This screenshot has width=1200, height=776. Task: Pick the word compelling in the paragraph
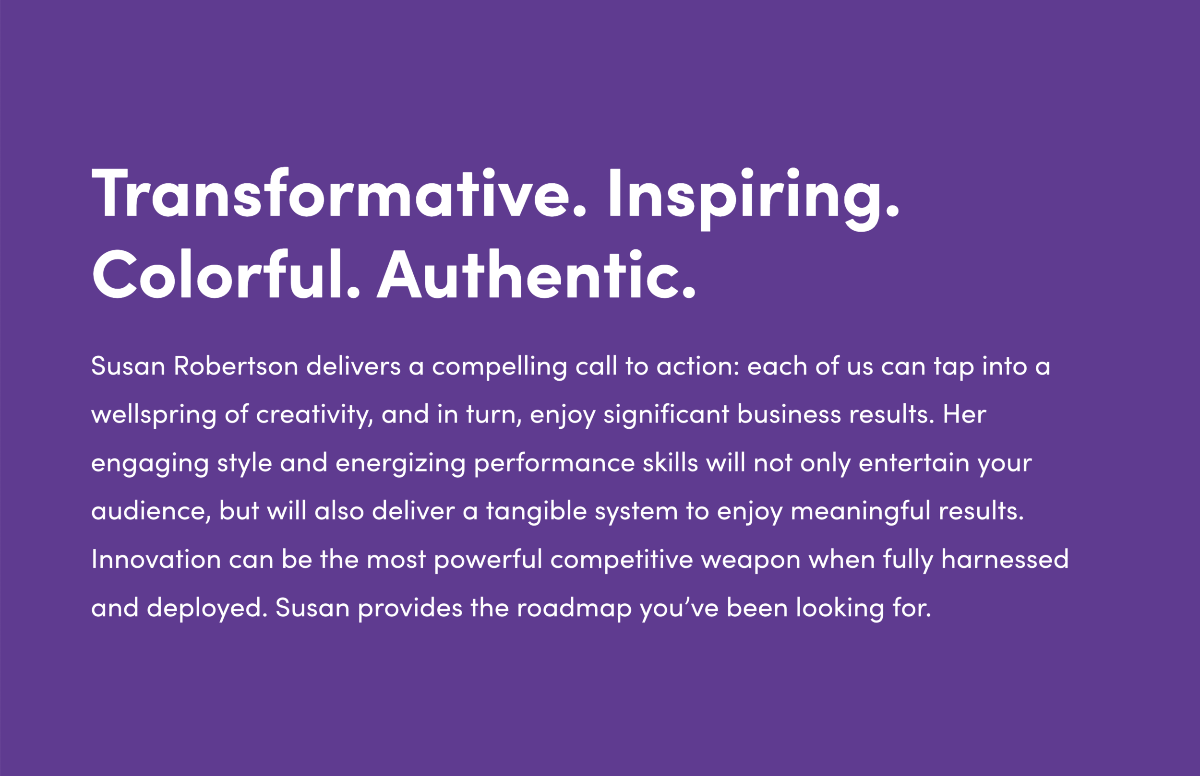click(499, 366)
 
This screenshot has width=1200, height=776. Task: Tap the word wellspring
click(154, 415)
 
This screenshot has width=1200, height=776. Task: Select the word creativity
click(314, 415)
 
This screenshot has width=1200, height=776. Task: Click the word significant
click(666, 415)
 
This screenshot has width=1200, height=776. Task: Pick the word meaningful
click(860, 511)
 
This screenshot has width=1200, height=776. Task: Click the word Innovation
click(156, 559)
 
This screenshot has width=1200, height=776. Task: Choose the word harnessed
click(1004, 559)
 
